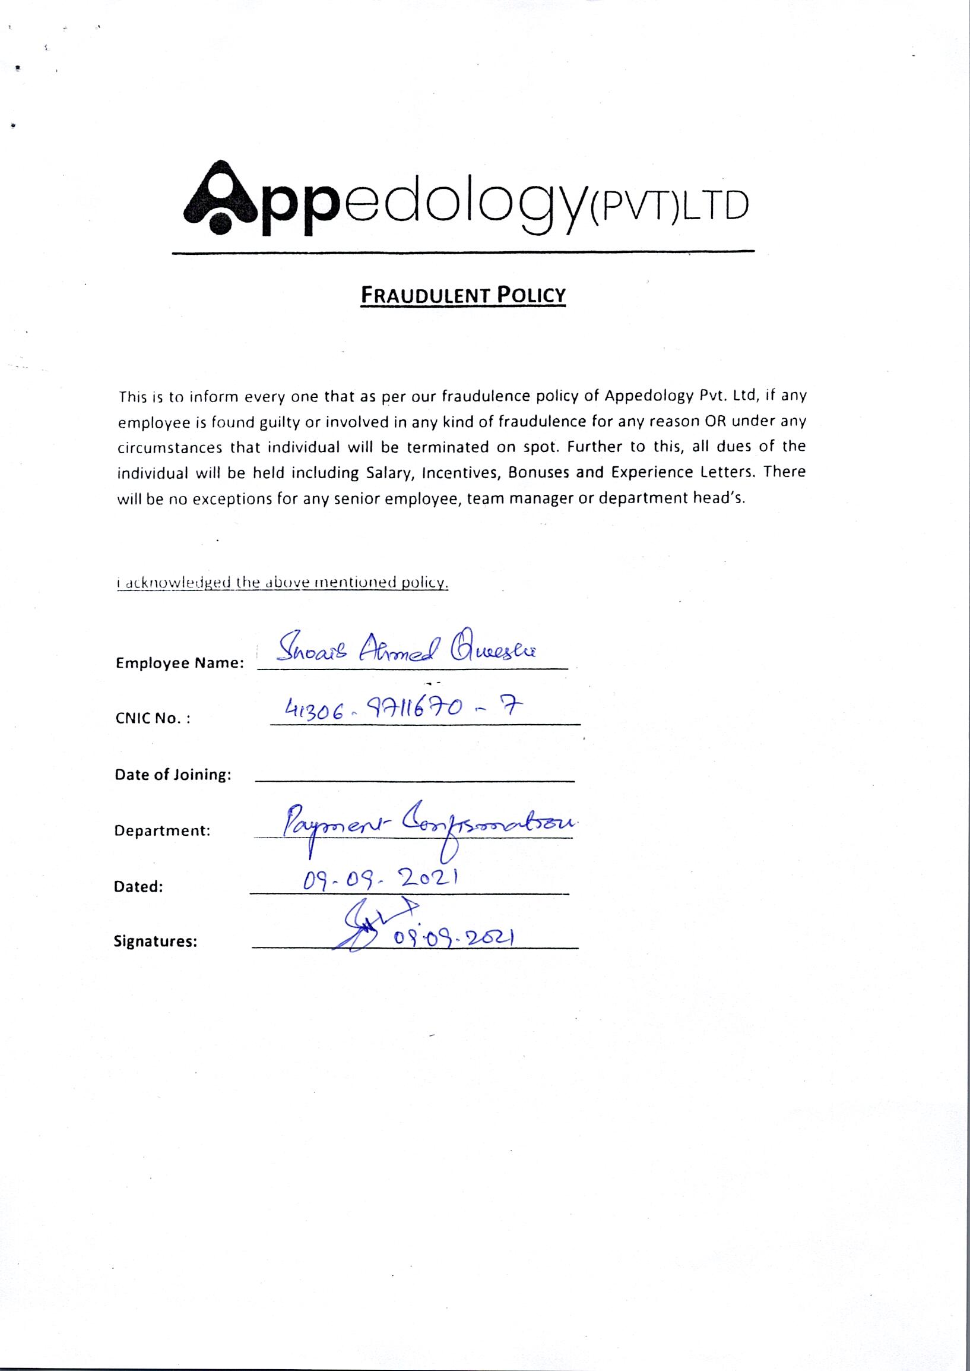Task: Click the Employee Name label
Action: (x=179, y=664)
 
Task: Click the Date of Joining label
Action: (x=173, y=775)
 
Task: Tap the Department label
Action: (x=162, y=830)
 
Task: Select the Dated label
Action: (x=138, y=887)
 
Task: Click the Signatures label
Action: (x=156, y=943)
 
